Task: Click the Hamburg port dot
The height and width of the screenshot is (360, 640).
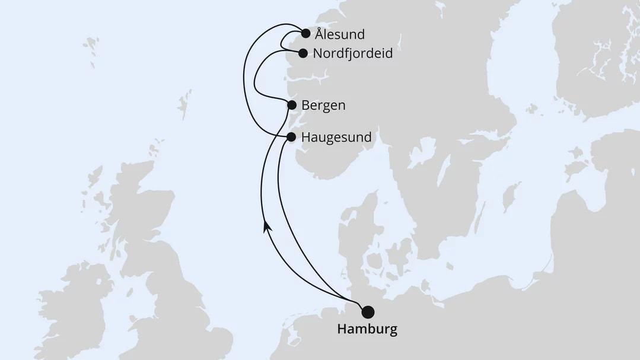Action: [368, 312]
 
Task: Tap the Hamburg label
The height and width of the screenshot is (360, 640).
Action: [367, 329]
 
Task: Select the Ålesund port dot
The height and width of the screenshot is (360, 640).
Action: [305, 34]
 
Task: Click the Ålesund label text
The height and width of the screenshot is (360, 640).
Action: [339, 34]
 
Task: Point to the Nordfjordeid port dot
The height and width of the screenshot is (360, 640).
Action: [303, 53]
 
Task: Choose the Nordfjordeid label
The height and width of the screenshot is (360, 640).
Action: [353, 54]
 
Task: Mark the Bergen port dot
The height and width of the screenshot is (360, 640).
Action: [292, 105]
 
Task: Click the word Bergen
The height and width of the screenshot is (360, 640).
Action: [323, 106]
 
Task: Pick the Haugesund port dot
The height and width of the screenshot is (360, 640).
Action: [291, 137]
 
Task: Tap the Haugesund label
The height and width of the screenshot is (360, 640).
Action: [336, 138]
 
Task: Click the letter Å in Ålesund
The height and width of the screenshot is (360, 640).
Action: [320, 34]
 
